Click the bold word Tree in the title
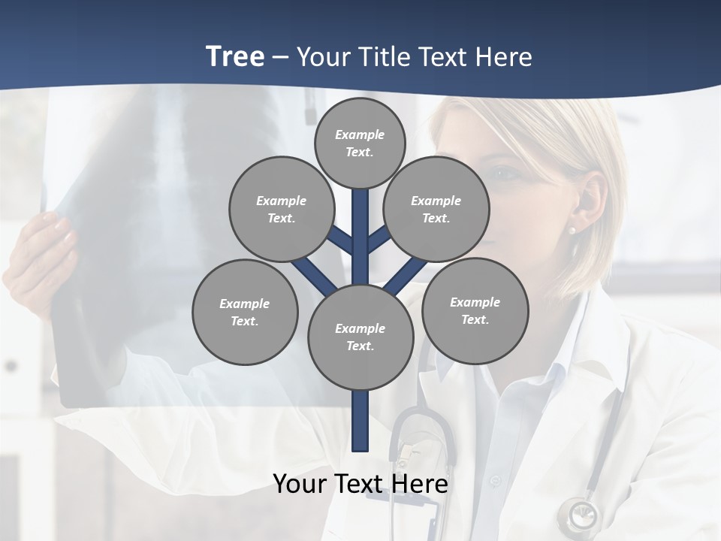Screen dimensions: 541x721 (x=235, y=57)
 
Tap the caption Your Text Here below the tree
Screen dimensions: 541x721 (x=360, y=484)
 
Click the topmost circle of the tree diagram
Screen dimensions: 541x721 (x=360, y=143)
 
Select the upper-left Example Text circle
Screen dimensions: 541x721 (x=281, y=209)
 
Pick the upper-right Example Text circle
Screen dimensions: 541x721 (x=436, y=209)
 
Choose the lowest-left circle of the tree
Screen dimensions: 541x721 (x=245, y=312)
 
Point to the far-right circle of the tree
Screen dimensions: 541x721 (x=475, y=310)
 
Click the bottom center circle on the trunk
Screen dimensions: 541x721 (x=360, y=337)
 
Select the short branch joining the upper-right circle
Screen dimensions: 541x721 (x=379, y=240)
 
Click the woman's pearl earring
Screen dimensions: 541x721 (x=572, y=230)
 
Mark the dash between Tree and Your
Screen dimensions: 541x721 (x=280, y=57)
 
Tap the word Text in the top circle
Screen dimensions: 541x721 (x=359, y=152)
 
